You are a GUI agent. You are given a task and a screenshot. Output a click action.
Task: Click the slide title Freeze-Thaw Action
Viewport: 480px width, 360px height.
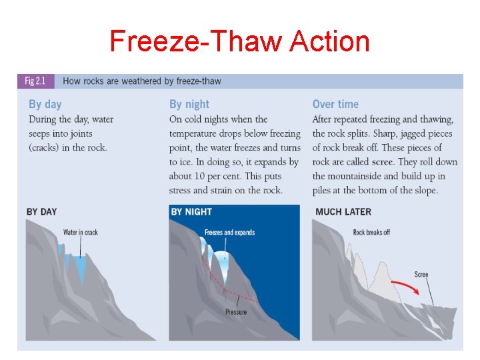pyautogui.click(x=239, y=41)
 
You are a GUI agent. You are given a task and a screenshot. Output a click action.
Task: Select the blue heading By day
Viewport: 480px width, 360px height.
pyautogui.click(x=45, y=104)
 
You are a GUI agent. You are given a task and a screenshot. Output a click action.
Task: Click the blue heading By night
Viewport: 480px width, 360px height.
pyautogui.click(x=189, y=104)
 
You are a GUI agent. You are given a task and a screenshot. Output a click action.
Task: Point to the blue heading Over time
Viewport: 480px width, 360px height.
pyautogui.click(x=335, y=104)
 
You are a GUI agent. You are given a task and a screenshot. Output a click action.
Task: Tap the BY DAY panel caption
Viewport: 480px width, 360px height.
pyautogui.click(x=41, y=212)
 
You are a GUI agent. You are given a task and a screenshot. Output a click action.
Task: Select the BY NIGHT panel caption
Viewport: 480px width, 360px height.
pyautogui.click(x=191, y=212)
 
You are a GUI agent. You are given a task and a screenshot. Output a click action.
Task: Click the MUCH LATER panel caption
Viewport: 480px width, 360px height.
pyautogui.click(x=343, y=212)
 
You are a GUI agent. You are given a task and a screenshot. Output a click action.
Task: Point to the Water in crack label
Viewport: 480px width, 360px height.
pyautogui.click(x=80, y=233)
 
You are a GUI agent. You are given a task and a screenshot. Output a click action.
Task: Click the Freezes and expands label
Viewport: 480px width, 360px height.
pyautogui.click(x=229, y=233)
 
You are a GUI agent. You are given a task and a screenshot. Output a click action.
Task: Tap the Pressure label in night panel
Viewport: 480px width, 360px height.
pyautogui.click(x=236, y=312)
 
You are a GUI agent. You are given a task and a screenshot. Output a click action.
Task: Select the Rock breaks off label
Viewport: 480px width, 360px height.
pyautogui.click(x=371, y=233)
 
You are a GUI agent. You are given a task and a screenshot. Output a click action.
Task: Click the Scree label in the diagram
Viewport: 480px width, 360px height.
pyautogui.click(x=421, y=275)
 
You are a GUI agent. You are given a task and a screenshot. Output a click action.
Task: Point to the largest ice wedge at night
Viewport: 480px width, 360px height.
pyautogui.click(x=225, y=267)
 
